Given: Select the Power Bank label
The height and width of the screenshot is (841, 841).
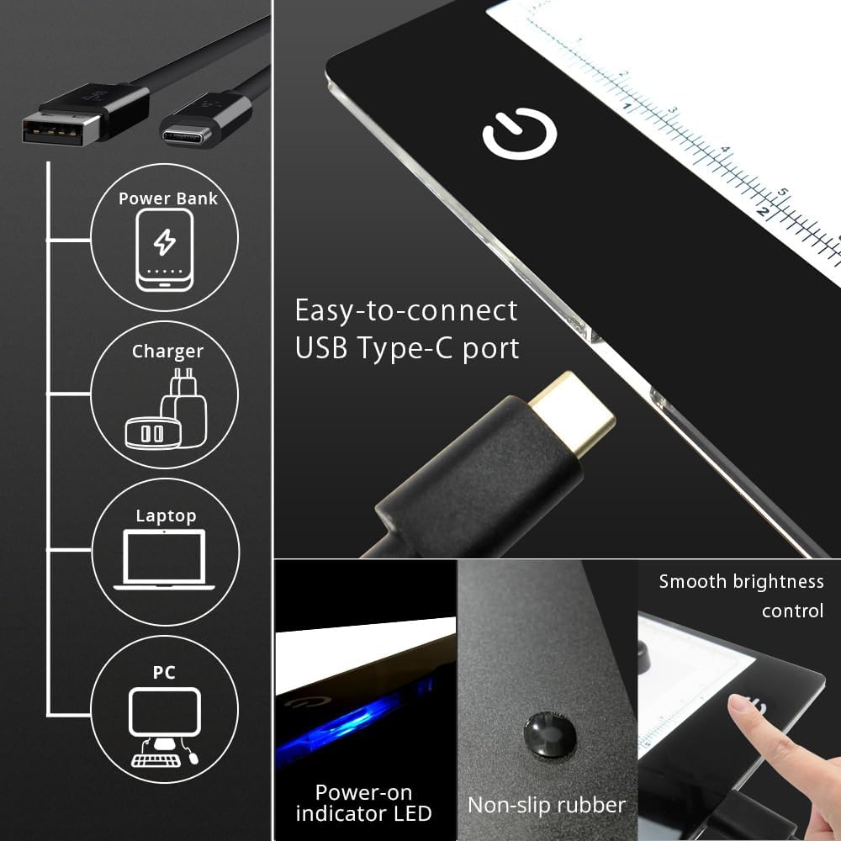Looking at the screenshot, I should coord(167,198).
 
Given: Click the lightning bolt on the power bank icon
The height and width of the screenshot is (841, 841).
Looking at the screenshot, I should coord(165,242).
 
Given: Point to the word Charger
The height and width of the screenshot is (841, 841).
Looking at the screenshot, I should coord(167,351).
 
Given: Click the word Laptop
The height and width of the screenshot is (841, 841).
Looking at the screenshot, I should coord(166,516).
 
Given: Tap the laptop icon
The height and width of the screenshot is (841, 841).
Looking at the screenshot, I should coord(164,558).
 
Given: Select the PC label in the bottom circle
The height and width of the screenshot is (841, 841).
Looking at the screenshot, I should coord(164,672).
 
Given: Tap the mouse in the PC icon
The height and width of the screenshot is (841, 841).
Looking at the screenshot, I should coord(194,757).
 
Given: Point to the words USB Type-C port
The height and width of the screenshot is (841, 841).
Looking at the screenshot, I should coord(407,347).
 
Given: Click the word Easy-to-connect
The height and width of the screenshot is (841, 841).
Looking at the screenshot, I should coord(405,310).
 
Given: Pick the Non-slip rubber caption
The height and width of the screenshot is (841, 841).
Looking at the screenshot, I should coord(547,805).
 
